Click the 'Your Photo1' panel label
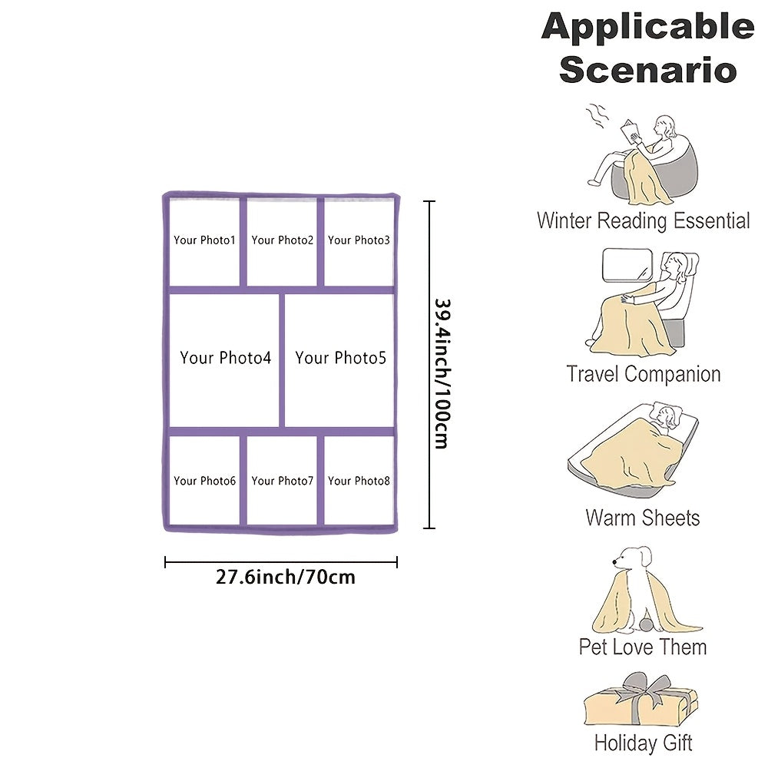(x=204, y=240)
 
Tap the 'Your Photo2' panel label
(x=282, y=240)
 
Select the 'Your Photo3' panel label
(x=359, y=240)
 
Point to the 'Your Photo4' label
(x=226, y=358)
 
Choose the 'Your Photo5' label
(x=340, y=358)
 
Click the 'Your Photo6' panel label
(x=204, y=481)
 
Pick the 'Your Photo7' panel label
(x=282, y=481)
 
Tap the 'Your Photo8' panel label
(x=359, y=481)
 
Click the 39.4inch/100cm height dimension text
(x=441, y=374)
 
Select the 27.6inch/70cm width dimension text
(x=286, y=577)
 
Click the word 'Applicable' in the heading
(x=647, y=28)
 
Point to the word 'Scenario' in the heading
(x=647, y=69)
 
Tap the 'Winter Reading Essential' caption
(x=644, y=221)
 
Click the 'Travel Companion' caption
(x=644, y=375)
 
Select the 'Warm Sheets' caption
(x=643, y=518)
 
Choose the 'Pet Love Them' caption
(x=643, y=647)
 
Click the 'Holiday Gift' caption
(x=643, y=743)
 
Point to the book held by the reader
(x=632, y=131)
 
